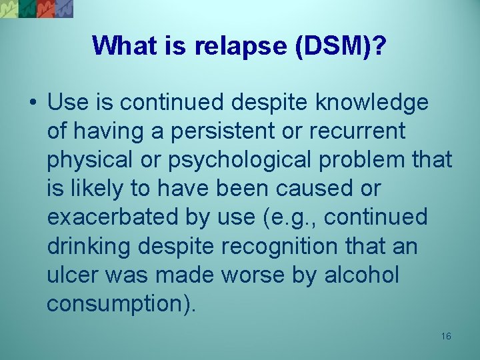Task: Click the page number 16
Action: tap(446, 336)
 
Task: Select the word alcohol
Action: tap(362, 275)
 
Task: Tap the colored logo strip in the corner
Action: tap(37, 9)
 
